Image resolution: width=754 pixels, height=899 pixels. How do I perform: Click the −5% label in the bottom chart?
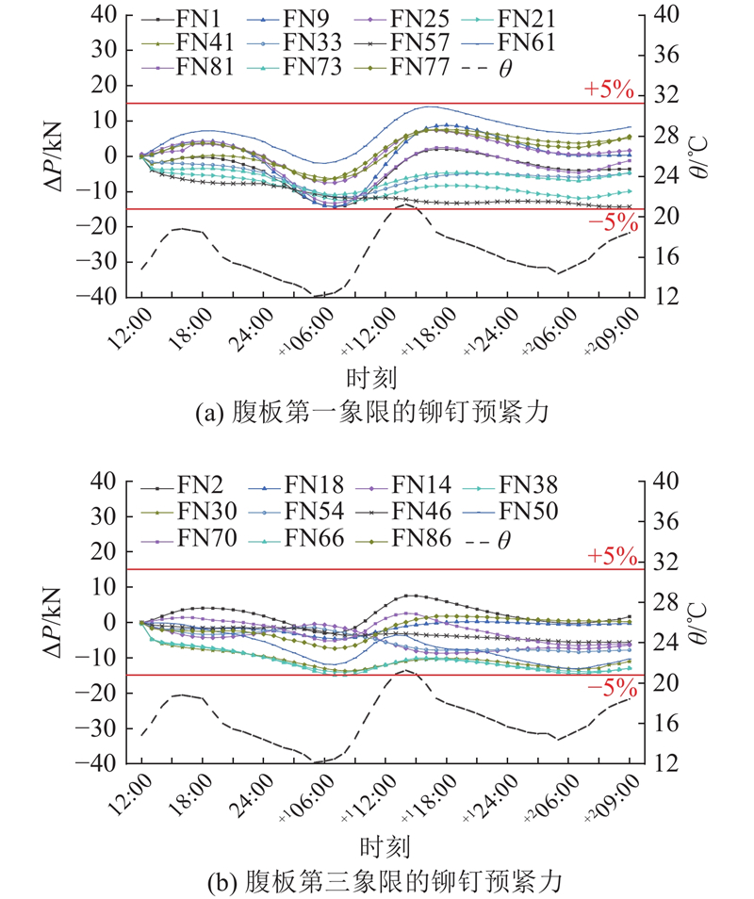611,689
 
